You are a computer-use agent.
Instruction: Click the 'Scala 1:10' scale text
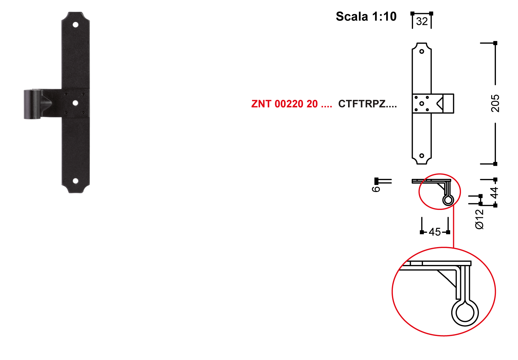[x=366, y=17]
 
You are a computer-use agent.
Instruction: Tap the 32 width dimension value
[x=422, y=21]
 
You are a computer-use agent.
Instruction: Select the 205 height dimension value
[x=495, y=103]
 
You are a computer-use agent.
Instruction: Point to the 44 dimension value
[x=494, y=193]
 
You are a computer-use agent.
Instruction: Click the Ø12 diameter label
[x=479, y=219]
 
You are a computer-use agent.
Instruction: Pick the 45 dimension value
[x=435, y=232]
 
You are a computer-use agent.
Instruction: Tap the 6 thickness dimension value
[x=376, y=189]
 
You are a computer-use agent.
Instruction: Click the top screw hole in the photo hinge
[x=76, y=25]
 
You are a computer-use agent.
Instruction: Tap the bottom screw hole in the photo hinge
[x=76, y=181]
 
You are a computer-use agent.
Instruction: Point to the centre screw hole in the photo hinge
[x=75, y=103]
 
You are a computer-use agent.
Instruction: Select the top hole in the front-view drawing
[x=422, y=52]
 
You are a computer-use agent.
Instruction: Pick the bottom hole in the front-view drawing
[x=422, y=156]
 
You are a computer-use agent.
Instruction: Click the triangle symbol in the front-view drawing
[x=440, y=104]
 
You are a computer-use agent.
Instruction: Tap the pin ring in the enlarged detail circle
[x=465, y=313]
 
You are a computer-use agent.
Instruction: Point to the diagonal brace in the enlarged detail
[x=447, y=279]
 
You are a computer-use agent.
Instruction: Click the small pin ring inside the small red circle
[x=448, y=200]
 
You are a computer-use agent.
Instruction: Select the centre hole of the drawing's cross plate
[x=422, y=104]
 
